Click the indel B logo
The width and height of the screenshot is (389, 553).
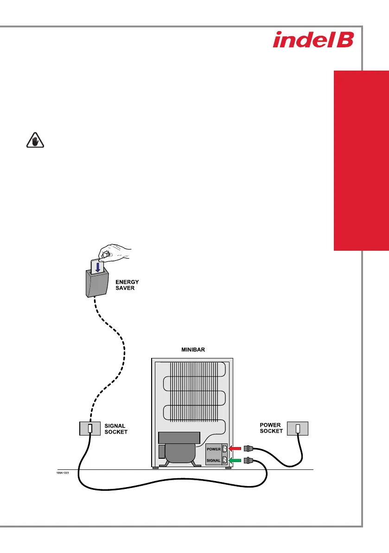click(x=313, y=40)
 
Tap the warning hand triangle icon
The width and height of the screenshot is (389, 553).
click(x=35, y=140)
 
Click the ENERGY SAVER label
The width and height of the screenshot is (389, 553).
click(x=127, y=285)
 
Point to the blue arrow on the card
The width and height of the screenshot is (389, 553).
click(x=98, y=267)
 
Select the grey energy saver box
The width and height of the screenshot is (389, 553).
click(x=97, y=283)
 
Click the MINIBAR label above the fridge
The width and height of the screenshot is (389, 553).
click(x=193, y=350)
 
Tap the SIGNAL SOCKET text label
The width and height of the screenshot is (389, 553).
click(x=116, y=429)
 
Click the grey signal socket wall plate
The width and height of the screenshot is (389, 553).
click(x=90, y=429)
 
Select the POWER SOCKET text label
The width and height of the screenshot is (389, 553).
click(x=271, y=428)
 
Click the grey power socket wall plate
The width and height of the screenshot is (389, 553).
click(x=298, y=429)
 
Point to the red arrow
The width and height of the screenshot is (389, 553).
click(x=235, y=449)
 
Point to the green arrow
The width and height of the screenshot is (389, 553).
click(x=235, y=460)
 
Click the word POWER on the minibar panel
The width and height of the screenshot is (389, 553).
click(x=213, y=449)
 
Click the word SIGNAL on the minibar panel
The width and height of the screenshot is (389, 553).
click(x=213, y=460)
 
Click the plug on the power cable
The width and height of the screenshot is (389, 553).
click(x=249, y=449)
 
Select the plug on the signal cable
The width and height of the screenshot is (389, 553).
click(x=249, y=460)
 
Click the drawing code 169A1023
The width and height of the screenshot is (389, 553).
click(x=63, y=473)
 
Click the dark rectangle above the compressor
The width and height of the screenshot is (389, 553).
click(x=179, y=438)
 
